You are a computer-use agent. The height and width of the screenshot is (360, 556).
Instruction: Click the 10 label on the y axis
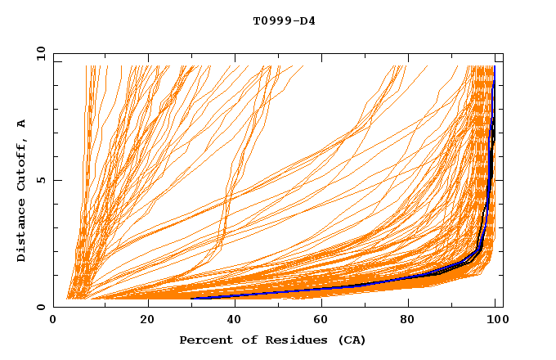[38, 53]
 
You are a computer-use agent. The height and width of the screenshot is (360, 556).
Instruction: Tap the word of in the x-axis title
[243, 340]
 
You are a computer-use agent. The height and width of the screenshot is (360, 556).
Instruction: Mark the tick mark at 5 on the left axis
[56, 180]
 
